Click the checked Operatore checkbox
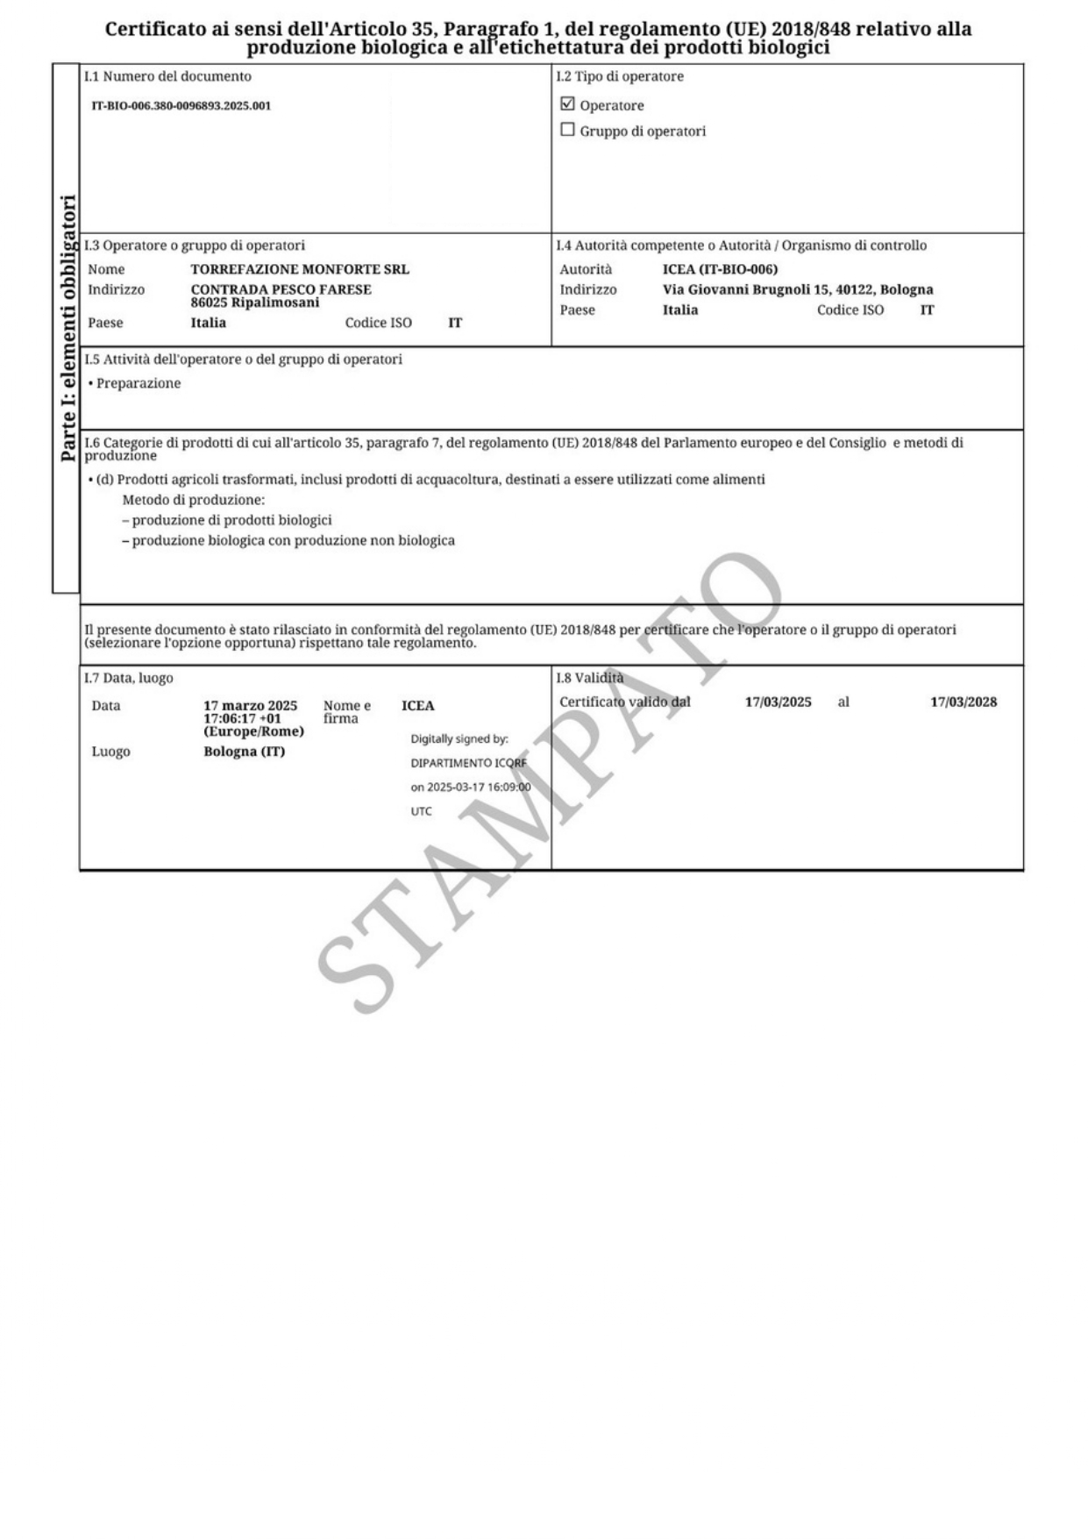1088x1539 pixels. click(567, 104)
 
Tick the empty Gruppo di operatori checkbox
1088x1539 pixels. click(567, 130)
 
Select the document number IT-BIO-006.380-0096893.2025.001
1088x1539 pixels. click(181, 106)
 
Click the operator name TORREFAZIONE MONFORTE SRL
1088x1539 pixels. click(300, 269)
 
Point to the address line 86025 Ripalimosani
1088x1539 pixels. click(255, 303)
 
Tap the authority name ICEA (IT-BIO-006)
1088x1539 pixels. click(720, 269)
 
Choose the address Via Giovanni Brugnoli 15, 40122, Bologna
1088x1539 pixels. click(798, 289)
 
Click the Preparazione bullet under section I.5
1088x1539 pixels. click(139, 383)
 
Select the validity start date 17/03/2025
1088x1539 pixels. click(778, 702)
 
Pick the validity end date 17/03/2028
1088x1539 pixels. click(964, 702)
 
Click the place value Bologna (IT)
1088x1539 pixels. click(244, 752)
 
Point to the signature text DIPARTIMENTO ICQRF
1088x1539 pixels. click(469, 763)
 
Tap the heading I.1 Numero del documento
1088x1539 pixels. click(167, 76)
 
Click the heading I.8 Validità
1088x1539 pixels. click(590, 678)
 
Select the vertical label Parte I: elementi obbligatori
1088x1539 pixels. click(68, 328)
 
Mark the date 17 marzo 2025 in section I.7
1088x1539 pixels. click(250, 706)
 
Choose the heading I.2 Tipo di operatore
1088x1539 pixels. click(620, 76)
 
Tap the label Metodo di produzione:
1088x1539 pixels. click(193, 500)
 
